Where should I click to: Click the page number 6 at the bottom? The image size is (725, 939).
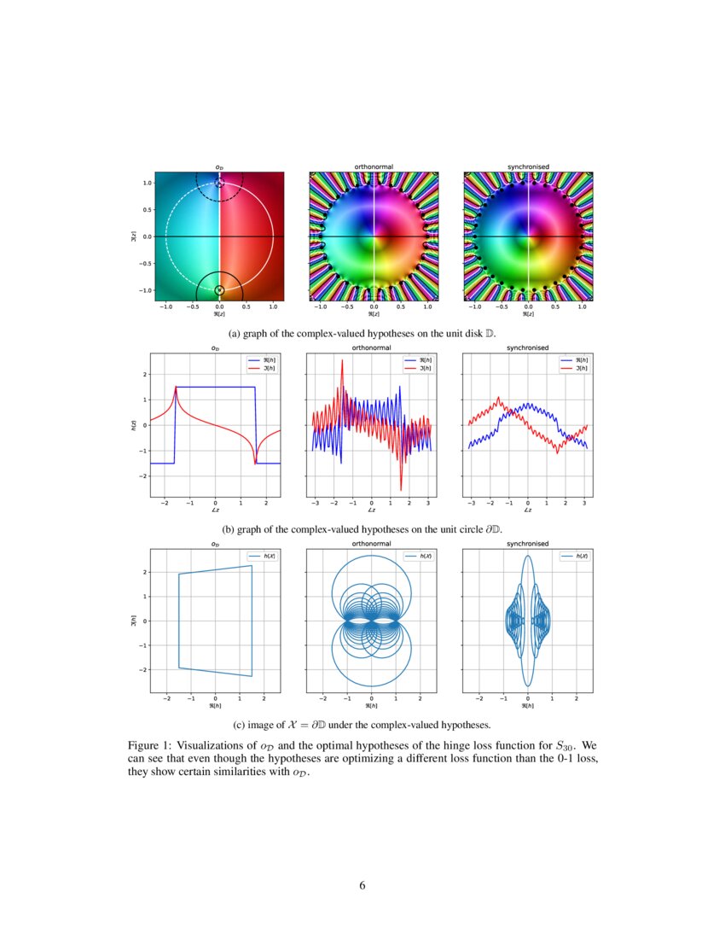coord(362,885)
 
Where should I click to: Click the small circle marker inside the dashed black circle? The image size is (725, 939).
coord(219,184)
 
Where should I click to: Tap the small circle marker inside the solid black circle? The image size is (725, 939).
coord(219,290)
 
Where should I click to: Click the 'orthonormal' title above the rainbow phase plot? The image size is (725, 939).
coord(374,166)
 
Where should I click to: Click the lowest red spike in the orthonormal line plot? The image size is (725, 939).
coord(401,489)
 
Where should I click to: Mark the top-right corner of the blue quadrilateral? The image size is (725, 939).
coord(252,565)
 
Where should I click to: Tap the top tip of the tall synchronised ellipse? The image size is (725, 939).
coord(528,556)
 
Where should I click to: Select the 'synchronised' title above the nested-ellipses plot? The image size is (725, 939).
coord(528,544)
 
